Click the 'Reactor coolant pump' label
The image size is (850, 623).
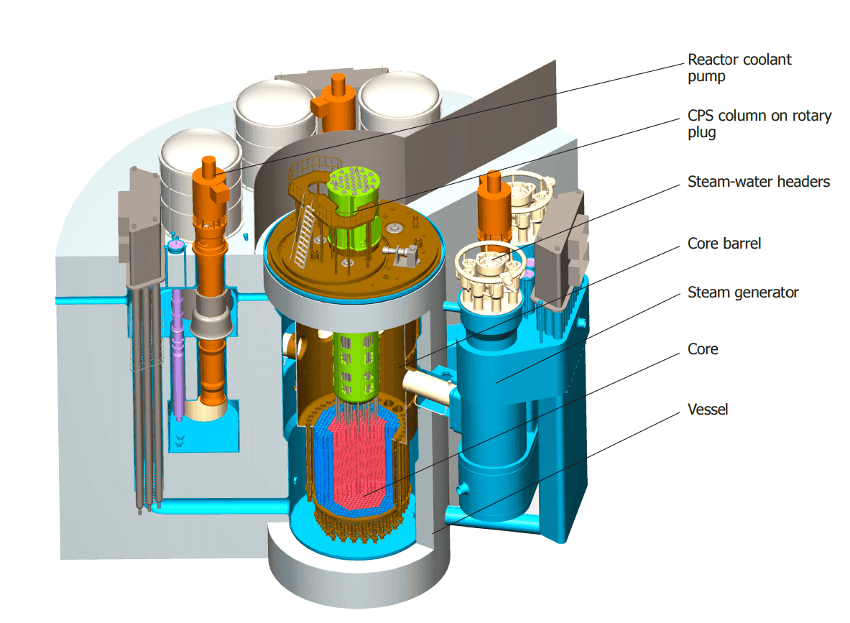point(739,68)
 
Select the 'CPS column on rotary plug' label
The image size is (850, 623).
point(759,124)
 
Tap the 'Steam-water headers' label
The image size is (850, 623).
point(759,182)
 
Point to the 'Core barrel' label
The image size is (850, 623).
point(724,244)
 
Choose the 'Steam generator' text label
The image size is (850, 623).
point(743,292)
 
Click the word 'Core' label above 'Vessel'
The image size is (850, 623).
point(703,349)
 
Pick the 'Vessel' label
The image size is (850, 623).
point(708,409)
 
